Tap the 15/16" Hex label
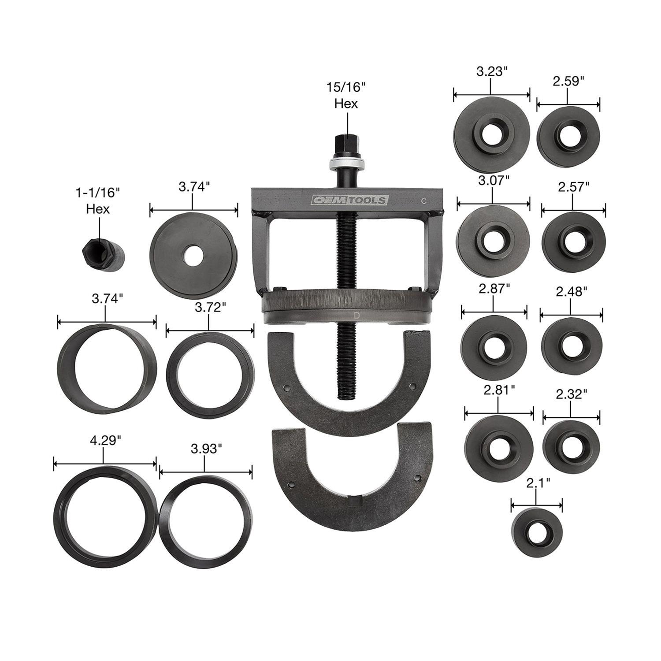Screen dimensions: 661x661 click(346, 95)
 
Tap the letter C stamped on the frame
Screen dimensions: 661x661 click(423, 201)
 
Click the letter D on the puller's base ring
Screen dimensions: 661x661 click(356, 315)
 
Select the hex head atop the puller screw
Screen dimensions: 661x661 click(346, 145)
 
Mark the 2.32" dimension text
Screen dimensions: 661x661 click(571, 394)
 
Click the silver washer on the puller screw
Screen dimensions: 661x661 click(346, 165)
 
